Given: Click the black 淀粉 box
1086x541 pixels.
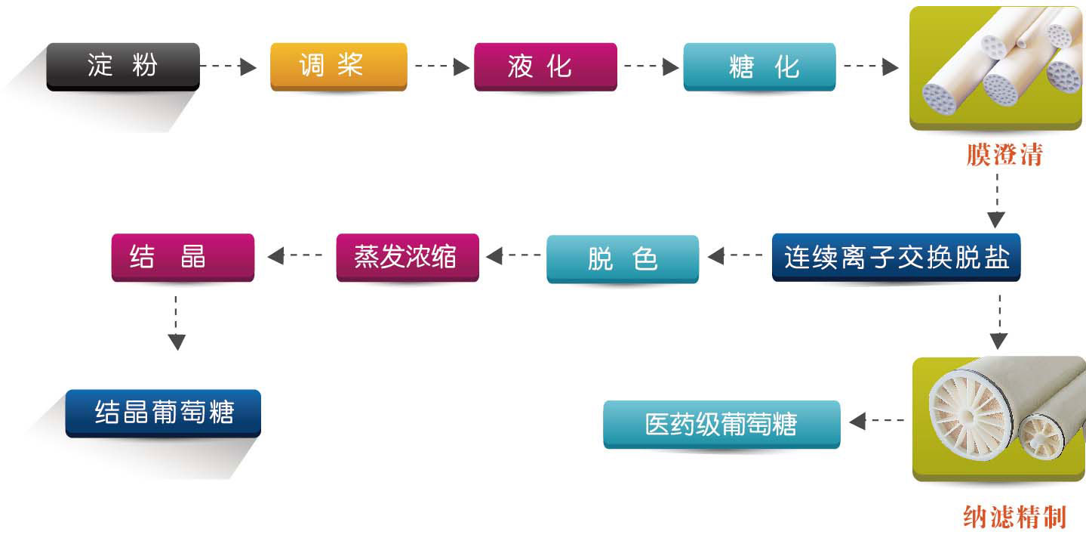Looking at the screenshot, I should (123, 66).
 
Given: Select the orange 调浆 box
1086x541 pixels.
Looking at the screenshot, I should (338, 66).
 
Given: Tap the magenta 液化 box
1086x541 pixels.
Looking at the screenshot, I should (545, 66).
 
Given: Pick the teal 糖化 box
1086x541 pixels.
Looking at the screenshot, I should (759, 66).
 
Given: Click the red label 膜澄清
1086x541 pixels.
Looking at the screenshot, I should (1004, 155).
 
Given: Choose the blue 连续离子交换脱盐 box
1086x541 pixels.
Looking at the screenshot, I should (896, 258).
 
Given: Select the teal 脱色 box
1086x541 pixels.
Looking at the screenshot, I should (623, 259).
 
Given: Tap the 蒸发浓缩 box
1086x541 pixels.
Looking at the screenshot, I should (408, 258).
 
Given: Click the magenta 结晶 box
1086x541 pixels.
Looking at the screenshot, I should (183, 258).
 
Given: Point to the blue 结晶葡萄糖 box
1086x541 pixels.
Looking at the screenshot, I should (163, 413).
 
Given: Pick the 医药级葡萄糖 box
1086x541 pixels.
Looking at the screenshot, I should (721, 424).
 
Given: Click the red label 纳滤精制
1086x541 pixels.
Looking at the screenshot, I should (1014, 518).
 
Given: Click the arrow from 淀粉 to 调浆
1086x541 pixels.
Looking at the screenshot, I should (229, 67).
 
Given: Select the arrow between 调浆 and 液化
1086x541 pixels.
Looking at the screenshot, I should (442, 67).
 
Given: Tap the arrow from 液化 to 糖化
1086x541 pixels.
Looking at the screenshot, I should (651, 67).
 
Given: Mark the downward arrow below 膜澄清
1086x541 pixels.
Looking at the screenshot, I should (997, 201).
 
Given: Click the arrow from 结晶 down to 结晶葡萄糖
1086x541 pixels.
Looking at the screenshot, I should (177, 323).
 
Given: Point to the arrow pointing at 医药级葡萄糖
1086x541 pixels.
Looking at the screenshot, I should (876, 420).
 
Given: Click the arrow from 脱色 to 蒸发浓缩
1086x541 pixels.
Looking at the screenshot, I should (513, 257).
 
